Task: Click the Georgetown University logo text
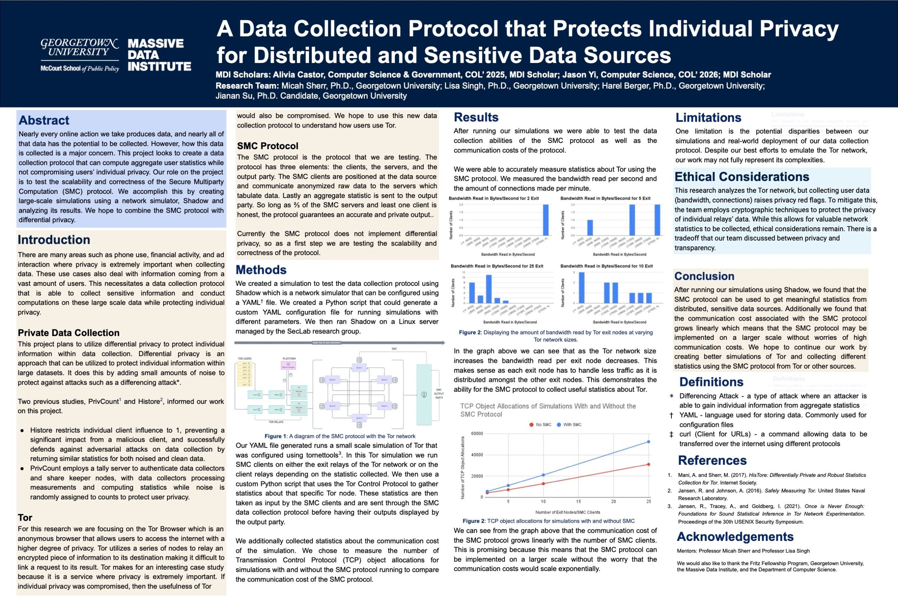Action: [79, 48]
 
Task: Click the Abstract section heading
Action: [44, 121]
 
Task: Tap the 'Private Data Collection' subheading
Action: [69, 332]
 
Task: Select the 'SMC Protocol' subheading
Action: [268, 146]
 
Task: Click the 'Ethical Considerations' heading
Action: [742, 177]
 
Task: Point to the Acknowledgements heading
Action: [735, 537]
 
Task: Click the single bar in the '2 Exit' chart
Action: [546, 220]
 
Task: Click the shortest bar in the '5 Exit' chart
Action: [590, 228]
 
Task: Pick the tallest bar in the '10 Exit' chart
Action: [582, 288]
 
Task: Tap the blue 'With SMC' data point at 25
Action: [648, 442]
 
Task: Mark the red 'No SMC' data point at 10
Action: [543, 483]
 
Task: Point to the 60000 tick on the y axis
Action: [477, 434]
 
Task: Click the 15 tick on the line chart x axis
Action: [578, 502]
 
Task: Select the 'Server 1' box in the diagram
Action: [359, 367]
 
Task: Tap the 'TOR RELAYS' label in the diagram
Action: [276, 422]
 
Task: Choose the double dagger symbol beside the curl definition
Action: [671, 434]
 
